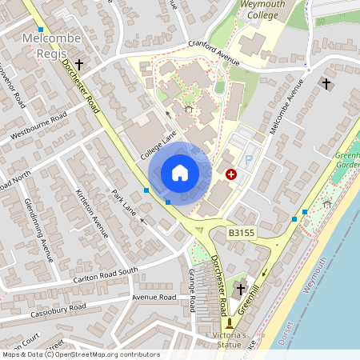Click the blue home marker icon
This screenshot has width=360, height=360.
[180, 173]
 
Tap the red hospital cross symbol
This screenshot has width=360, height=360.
[231, 174]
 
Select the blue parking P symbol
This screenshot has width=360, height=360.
[248, 160]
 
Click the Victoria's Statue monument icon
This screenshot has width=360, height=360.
[230, 323]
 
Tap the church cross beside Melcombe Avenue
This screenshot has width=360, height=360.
[326, 82]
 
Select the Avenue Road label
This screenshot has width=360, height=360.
[154, 297]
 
